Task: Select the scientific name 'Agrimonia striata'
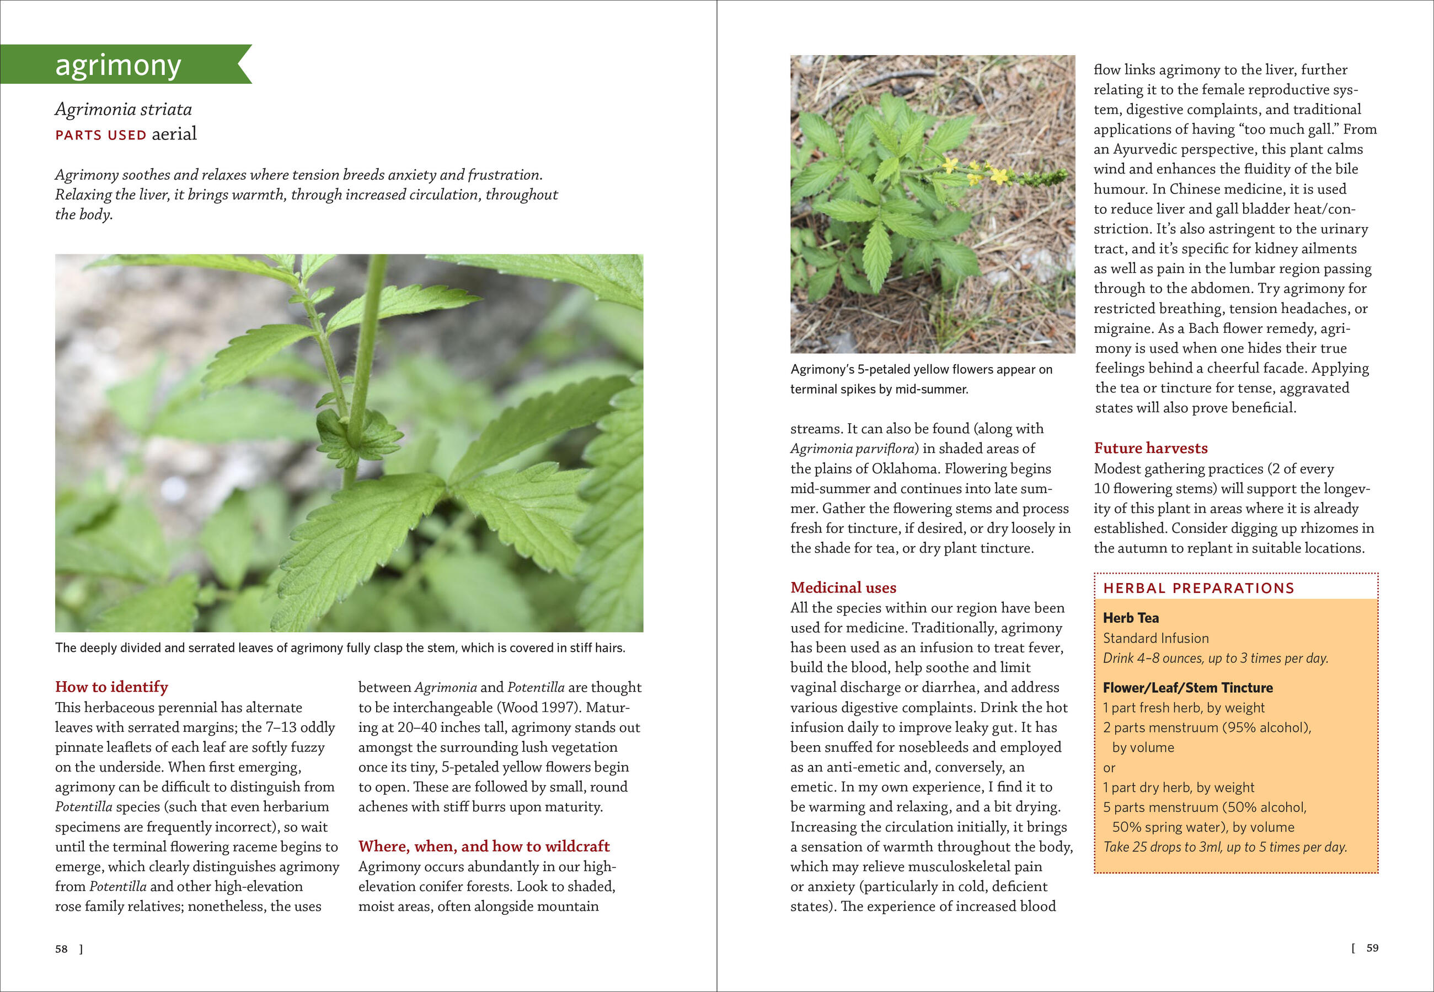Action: coord(123,109)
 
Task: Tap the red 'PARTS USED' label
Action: coord(101,135)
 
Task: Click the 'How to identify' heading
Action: coord(111,687)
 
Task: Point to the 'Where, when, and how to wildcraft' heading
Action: coord(484,846)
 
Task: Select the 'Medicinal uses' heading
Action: coord(843,587)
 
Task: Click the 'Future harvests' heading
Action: coord(1151,448)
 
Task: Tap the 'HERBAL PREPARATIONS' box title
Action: coord(1198,588)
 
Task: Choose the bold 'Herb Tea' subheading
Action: coord(1131,618)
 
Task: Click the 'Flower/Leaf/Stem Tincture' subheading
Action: coord(1188,687)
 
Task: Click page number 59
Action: coord(1372,948)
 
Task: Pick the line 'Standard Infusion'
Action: coord(1155,638)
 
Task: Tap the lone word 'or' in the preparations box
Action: coord(1109,768)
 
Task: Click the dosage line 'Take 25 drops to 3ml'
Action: coord(1224,847)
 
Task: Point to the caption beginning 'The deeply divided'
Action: coord(340,648)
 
